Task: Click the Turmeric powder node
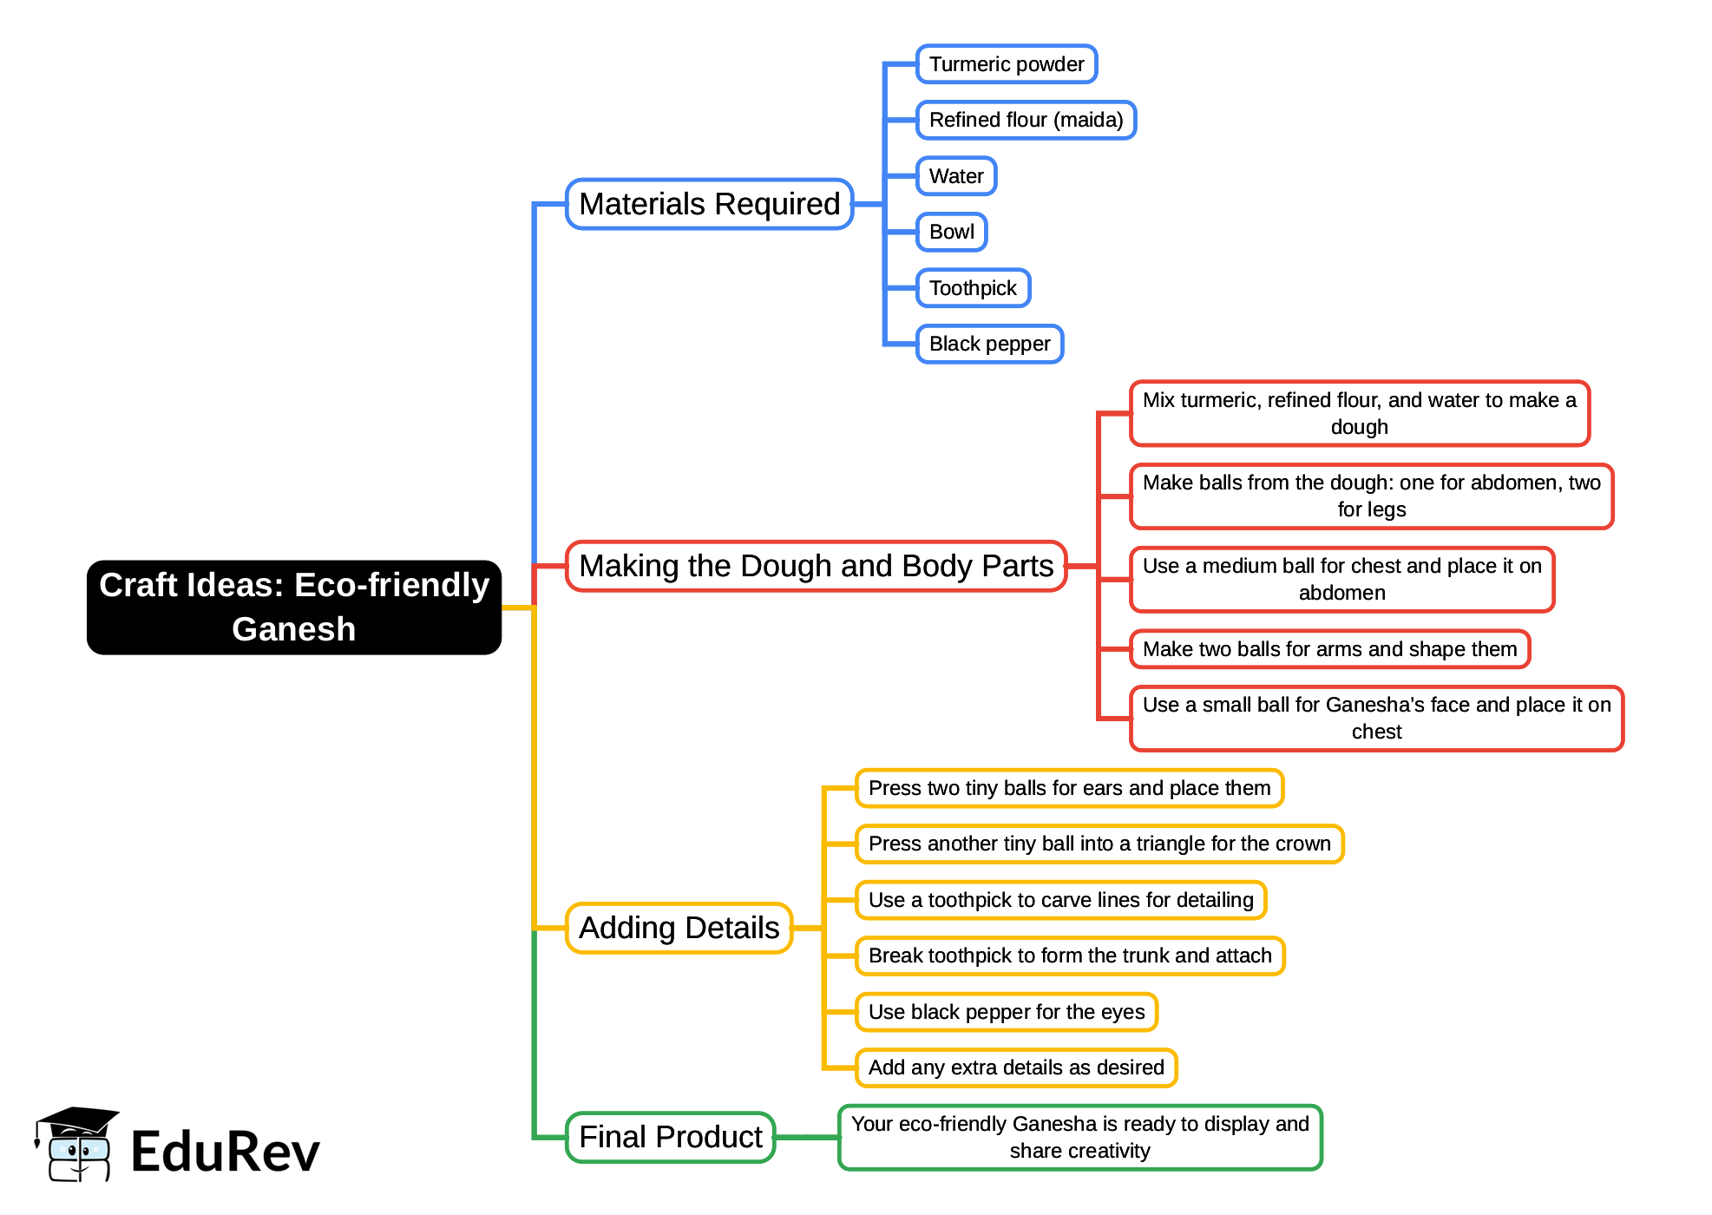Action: (1006, 64)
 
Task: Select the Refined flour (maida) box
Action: (1026, 120)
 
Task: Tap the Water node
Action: (955, 176)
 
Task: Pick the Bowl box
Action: (951, 232)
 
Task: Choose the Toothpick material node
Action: (972, 288)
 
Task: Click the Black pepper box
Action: (989, 344)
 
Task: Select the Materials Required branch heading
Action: (709, 204)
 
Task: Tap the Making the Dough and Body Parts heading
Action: (816, 566)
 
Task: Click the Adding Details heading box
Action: (679, 928)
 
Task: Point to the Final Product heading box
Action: (670, 1137)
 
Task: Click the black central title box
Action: (294, 607)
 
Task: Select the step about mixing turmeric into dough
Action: (1359, 413)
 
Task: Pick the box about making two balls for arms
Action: (1329, 649)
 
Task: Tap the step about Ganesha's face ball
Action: (1376, 718)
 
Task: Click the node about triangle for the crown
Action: (1099, 844)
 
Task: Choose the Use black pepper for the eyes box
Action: (1007, 1012)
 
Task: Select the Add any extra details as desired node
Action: (1016, 1067)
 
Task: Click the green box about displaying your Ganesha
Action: (1079, 1137)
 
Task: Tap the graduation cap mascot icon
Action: (76, 1144)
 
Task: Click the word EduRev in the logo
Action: (225, 1152)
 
